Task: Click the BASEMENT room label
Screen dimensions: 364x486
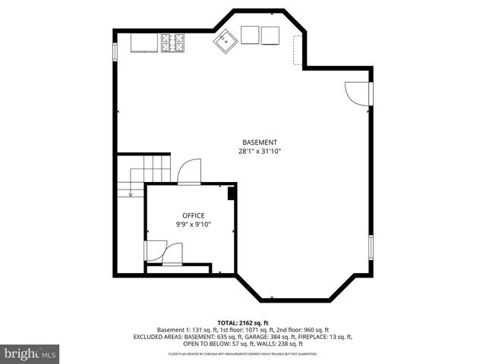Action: click(260, 143)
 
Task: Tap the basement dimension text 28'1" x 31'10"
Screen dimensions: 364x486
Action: click(260, 152)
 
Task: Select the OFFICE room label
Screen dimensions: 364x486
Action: click(193, 215)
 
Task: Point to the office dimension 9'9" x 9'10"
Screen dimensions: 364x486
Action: click(193, 224)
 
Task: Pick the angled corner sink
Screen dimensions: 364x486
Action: click(225, 42)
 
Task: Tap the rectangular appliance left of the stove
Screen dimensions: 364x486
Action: click(144, 43)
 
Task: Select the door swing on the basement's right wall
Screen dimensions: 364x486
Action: click(355, 92)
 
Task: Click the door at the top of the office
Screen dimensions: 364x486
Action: click(188, 172)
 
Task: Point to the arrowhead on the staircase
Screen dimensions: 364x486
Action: click(131, 195)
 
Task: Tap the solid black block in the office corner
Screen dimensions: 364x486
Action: click(231, 193)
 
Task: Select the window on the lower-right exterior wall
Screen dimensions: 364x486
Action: click(371, 248)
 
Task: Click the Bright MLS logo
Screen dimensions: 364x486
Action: click(30, 353)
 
